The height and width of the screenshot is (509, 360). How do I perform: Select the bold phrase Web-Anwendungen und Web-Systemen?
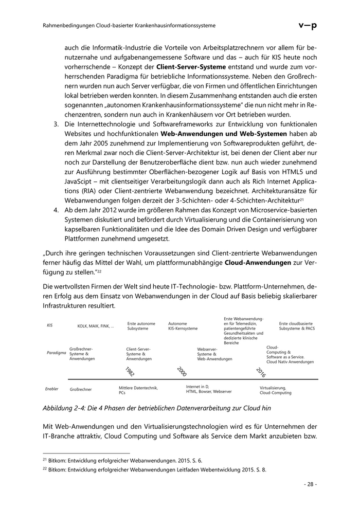pos(216,134)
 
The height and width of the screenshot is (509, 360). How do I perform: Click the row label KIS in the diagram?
pos(50,325)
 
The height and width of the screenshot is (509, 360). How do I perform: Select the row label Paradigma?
pos(56,353)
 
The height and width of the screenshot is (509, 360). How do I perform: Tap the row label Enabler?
pos(52,389)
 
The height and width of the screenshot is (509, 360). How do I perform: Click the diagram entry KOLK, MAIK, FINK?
pos(96,326)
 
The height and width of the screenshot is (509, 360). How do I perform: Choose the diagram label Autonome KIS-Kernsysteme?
pos(183,326)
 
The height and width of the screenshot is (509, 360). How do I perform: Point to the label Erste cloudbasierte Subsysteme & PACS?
pos(297,326)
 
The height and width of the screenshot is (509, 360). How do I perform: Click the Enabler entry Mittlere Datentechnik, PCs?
pos(138,390)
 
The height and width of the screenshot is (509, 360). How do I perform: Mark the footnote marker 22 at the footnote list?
pos(45,470)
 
